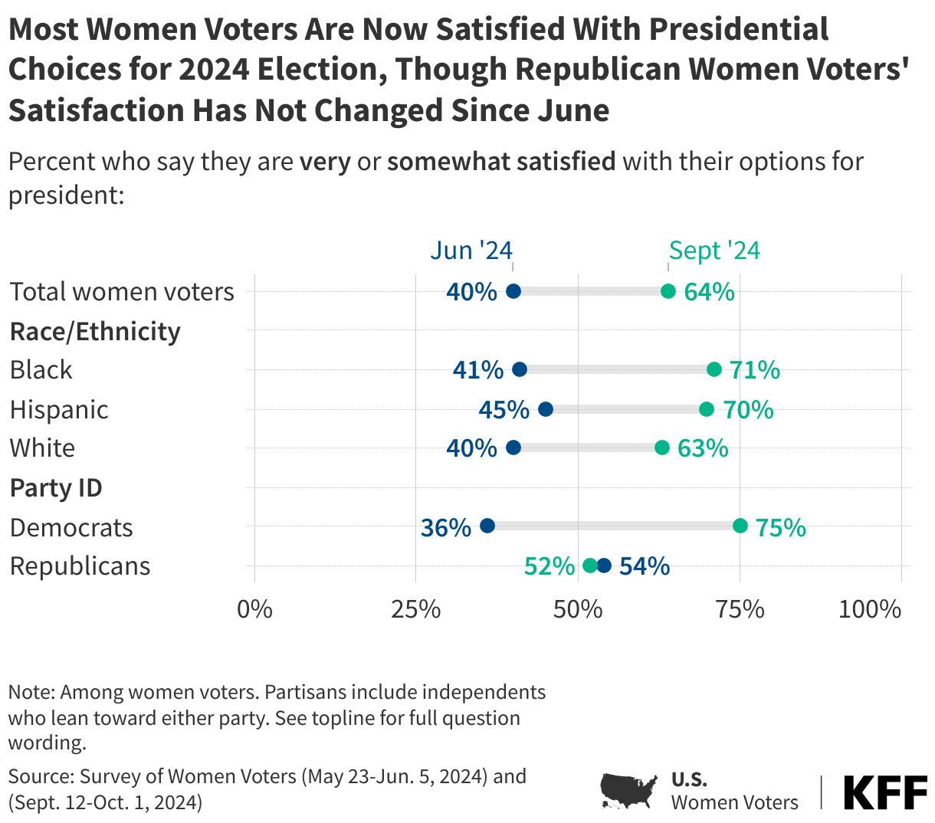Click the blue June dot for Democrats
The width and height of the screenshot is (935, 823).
click(x=487, y=526)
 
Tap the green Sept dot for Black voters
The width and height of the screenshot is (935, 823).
click(x=714, y=370)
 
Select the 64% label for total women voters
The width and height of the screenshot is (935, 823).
click(x=709, y=292)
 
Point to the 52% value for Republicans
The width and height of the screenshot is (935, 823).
click(x=549, y=566)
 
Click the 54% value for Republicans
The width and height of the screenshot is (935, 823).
click(x=645, y=566)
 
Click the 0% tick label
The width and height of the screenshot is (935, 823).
click(x=254, y=609)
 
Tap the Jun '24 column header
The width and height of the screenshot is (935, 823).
click(x=471, y=251)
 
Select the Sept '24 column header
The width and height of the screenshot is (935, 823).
click(x=714, y=251)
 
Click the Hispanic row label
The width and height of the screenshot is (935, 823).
click(x=59, y=409)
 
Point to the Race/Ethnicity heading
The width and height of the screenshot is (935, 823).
click(x=95, y=332)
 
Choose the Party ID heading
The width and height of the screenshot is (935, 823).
click(x=56, y=488)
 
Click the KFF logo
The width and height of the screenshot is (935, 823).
click(x=885, y=792)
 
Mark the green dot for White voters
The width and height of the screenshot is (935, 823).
click(x=662, y=448)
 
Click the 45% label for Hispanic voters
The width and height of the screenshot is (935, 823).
click(x=504, y=410)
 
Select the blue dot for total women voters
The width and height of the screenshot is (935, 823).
click(x=513, y=291)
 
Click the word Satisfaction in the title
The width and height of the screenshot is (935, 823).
click(x=96, y=110)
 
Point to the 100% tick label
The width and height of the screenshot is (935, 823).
click(x=870, y=609)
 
